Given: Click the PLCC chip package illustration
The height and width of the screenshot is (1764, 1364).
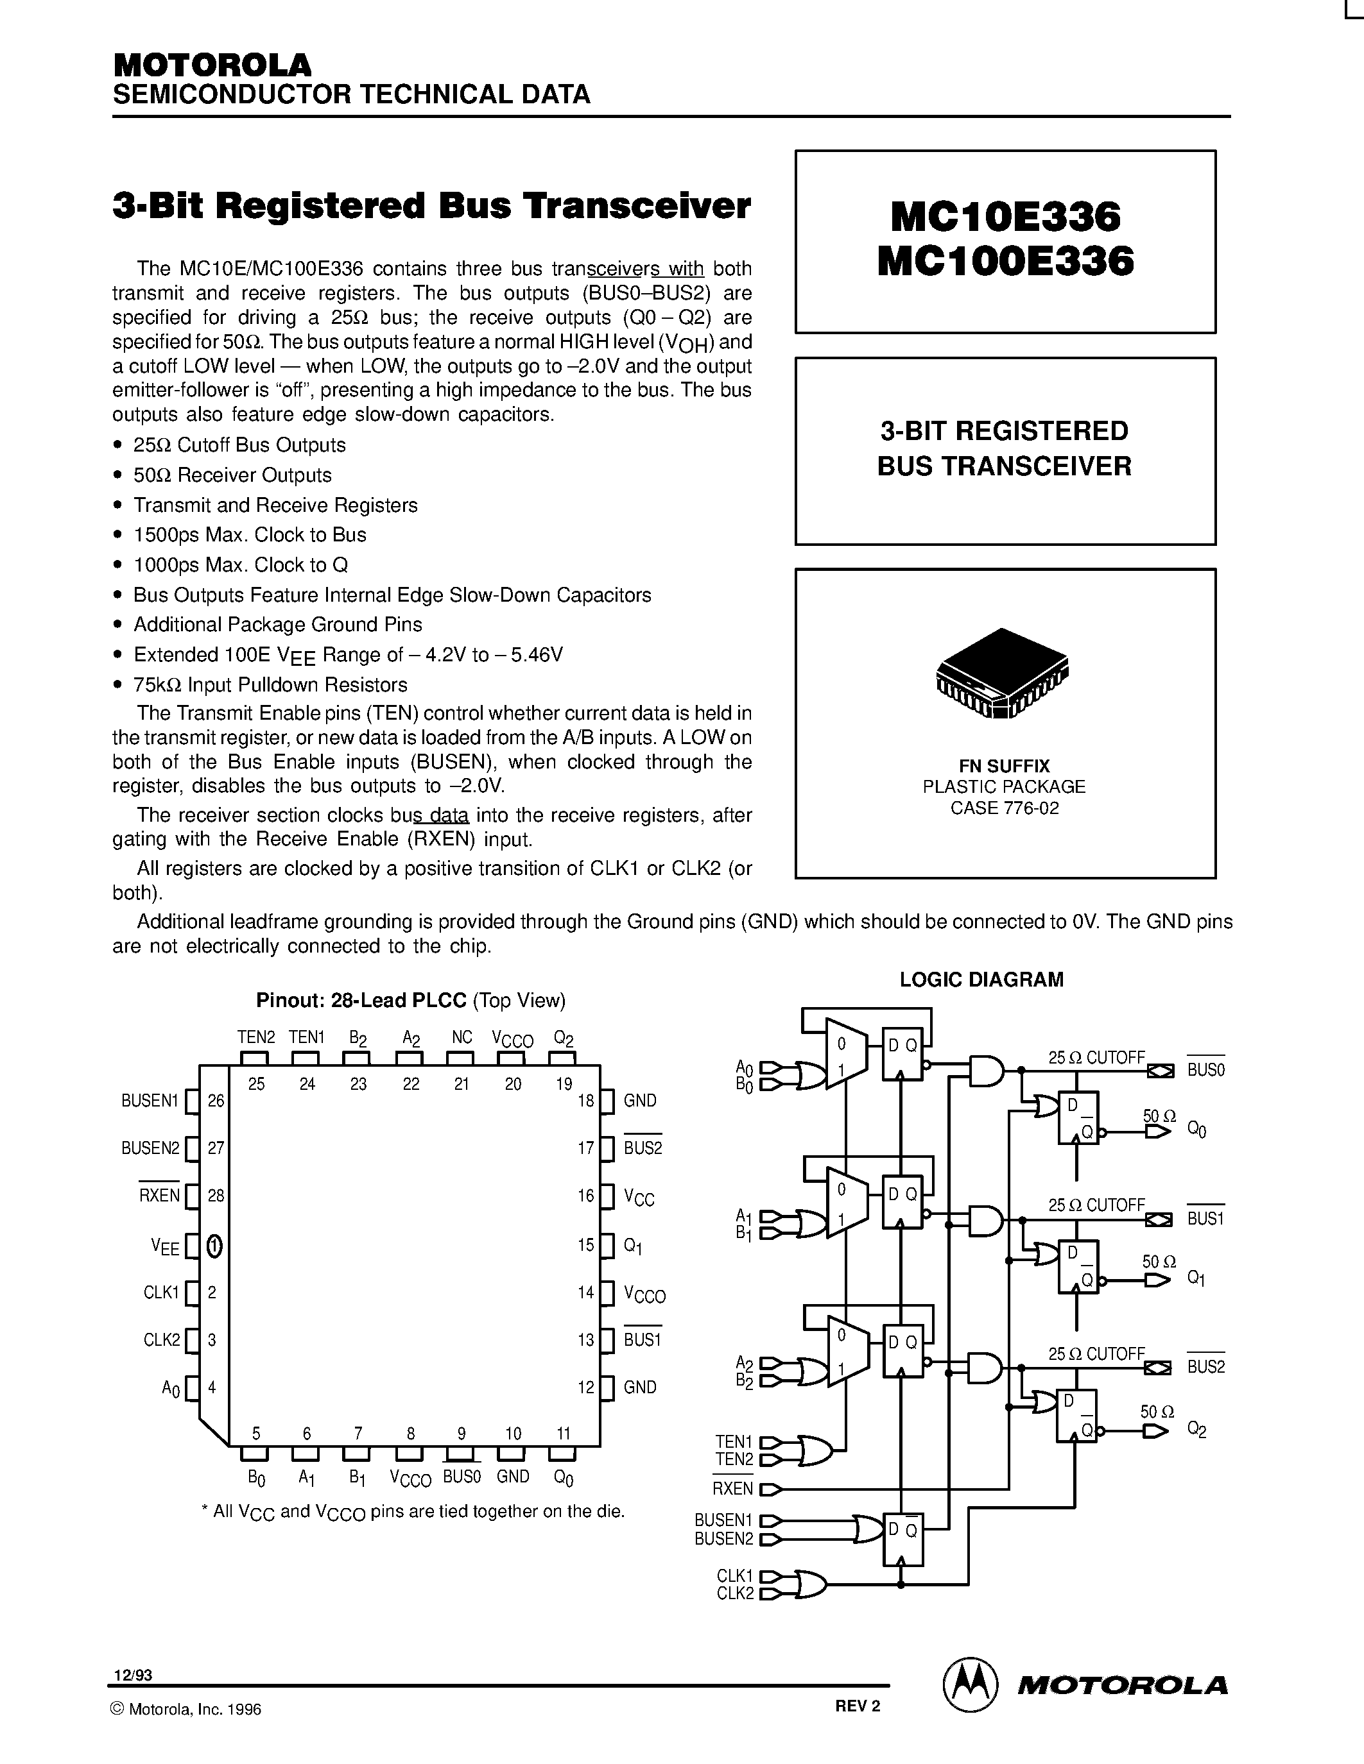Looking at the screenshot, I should (x=1002, y=674).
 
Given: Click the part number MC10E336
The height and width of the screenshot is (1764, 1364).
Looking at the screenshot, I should (x=1005, y=216).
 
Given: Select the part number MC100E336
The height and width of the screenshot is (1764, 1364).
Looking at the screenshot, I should (x=1005, y=262).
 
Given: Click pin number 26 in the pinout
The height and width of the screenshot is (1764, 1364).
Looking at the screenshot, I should (x=216, y=1100).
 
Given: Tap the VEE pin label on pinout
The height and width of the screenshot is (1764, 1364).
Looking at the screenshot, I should (x=165, y=1247).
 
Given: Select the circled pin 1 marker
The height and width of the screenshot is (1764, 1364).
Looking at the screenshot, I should (x=214, y=1246).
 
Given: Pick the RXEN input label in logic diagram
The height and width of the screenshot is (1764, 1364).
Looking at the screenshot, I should (x=732, y=1488).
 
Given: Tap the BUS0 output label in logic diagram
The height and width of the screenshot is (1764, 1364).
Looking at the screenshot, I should (x=1205, y=1070).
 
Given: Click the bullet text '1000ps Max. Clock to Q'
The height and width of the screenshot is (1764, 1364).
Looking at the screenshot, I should (x=241, y=564).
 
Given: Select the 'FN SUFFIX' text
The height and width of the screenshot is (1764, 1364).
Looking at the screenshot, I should (x=1005, y=766).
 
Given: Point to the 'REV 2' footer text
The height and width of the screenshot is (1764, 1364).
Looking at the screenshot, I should (x=858, y=1706).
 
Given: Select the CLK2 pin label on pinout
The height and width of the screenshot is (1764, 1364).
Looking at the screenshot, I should (x=162, y=1339).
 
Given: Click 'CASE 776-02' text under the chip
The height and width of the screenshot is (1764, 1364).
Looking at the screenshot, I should (x=1005, y=808).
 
